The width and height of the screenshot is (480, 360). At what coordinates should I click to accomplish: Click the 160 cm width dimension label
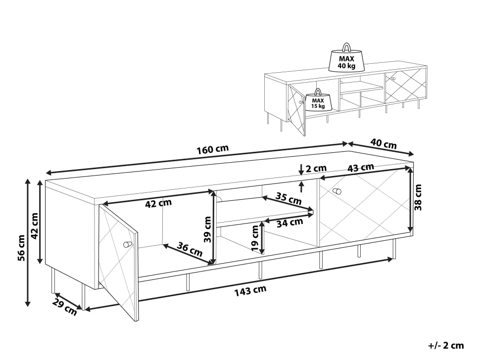click(212, 149)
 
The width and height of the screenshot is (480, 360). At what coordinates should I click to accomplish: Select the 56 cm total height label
click(21, 248)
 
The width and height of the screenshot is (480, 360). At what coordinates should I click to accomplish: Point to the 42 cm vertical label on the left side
click(34, 226)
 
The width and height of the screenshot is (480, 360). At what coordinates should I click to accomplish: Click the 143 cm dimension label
click(250, 291)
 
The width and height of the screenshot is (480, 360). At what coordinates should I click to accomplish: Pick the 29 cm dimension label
click(64, 307)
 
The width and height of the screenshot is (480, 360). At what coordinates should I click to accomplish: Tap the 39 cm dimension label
click(207, 229)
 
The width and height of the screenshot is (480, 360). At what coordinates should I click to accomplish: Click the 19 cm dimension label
click(255, 238)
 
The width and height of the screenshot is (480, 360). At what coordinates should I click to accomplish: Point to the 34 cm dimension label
click(289, 223)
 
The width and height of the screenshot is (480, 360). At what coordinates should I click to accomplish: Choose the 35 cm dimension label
click(288, 198)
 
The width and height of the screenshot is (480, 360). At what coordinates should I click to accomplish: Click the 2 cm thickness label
click(316, 168)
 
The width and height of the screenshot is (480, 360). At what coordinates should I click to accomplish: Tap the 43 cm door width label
click(361, 168)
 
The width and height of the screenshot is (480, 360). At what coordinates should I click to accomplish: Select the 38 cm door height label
click(418, 197)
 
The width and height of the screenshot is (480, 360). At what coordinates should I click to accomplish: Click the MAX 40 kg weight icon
click(346, 58)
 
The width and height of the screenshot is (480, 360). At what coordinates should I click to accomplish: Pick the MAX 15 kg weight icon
click(318, 99)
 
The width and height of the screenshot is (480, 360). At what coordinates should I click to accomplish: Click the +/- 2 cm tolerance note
click(446, 346)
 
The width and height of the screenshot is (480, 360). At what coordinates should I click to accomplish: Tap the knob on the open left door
click(127, 244)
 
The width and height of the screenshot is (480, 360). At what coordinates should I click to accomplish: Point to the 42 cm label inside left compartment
click(158, 203)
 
